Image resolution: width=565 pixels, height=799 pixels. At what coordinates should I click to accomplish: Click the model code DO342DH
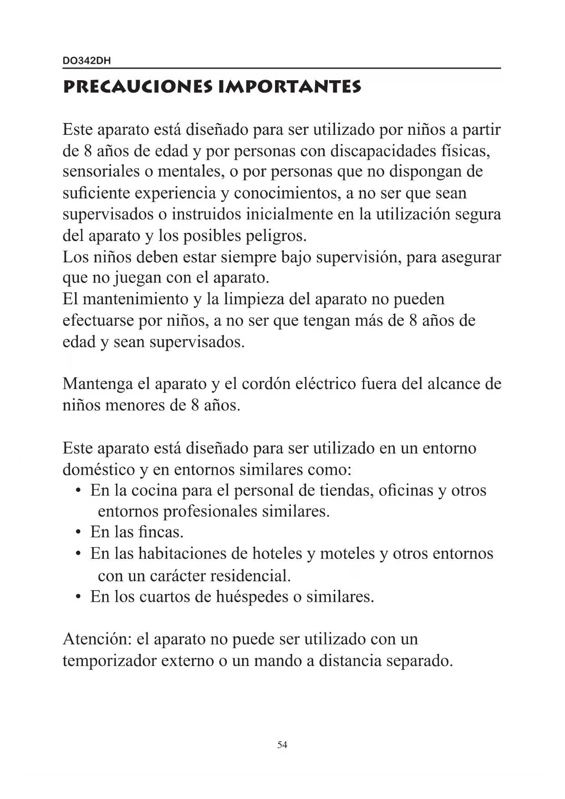(x=87, y=61)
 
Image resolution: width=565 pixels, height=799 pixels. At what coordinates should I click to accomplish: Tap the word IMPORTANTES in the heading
(x=290, y=87)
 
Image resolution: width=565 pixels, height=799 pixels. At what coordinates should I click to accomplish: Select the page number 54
(x=282, y=745)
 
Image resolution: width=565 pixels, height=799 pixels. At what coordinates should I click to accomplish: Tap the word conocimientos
(x=286, y=193)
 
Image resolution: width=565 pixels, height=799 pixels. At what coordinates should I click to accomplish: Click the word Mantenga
(x=97, y=384)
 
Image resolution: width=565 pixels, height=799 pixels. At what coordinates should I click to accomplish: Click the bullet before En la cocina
(x=79, y=491)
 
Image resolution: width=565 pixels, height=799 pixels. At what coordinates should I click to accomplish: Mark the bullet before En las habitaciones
(x=79, y=554)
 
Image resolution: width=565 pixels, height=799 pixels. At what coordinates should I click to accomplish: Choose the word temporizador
(x=109, y=661)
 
